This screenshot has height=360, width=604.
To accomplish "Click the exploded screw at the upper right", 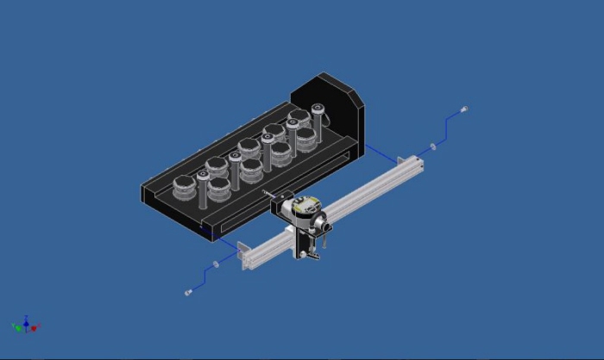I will (x=464, y=110).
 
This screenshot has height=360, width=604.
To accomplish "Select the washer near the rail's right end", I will (x=433, y=146).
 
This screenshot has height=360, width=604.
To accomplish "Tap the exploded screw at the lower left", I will (x=188, y=293).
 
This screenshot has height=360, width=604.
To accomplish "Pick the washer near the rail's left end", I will (x=216, y=263).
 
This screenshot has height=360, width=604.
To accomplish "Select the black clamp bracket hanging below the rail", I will (x=301, y=243).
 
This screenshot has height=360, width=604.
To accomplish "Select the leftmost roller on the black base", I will (x=184, y=186).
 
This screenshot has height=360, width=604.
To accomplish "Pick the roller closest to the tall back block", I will (x=299, y=117).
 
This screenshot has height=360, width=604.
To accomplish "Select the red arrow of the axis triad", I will (x=35, y=328).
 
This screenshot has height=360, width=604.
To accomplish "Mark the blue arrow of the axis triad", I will (x=27, y=319).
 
